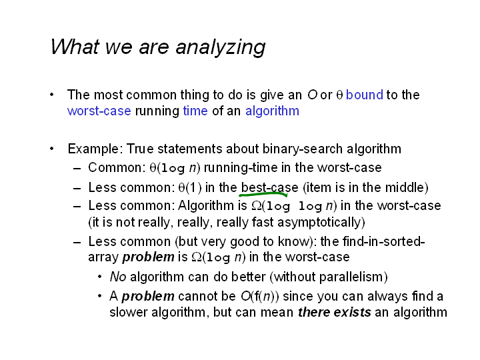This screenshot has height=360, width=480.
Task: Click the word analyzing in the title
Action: coord(221,47)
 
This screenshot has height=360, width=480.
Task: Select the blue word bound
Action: coord(364,95)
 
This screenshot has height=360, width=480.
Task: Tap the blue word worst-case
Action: coord(99,111)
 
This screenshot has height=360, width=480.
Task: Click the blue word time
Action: coord(195,111)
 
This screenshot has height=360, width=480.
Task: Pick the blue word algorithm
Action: coord(272,111)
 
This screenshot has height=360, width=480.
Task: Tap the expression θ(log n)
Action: coord(175,168)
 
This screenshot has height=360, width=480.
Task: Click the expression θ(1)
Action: coord(190,187)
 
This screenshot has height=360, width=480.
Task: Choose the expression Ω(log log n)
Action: coord(294,206)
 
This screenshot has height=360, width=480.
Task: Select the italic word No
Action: coord(118,277)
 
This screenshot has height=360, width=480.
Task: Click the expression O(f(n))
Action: coord(260,296)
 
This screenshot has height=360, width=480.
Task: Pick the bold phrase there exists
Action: coord(334,313)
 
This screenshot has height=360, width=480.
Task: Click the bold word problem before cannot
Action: coord(148,297)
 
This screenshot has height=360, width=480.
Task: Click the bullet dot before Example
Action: coord(52,149)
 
